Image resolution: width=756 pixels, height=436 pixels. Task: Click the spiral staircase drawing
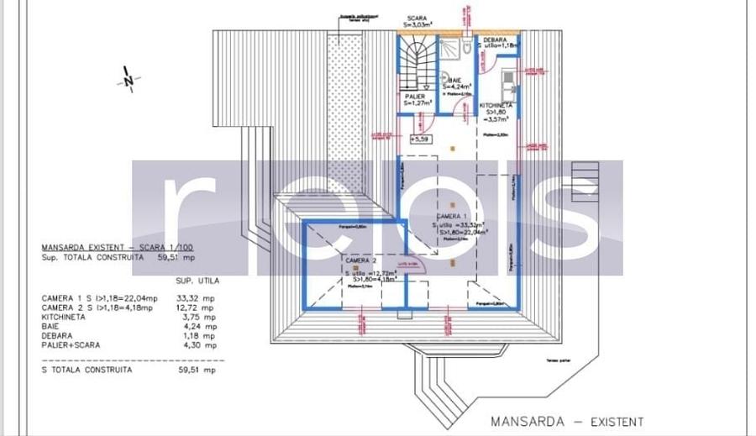coord(417,63)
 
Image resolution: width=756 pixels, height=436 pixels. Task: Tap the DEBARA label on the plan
coord(495,39)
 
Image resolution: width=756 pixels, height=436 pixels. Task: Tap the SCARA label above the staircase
coord(417,18)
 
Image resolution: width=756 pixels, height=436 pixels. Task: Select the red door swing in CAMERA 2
coord(417,264)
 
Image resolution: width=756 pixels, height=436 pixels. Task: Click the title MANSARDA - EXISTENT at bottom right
coord(567,421)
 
